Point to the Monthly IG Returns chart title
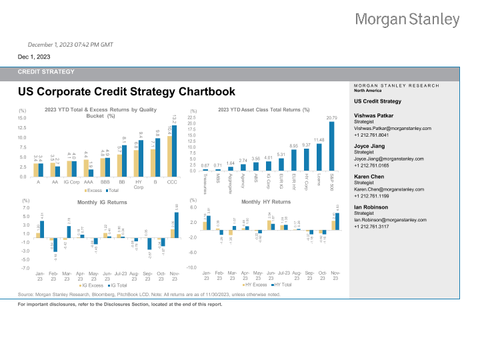pyautogui.click(x=102, y=202)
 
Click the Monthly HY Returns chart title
pyautogui.click(x=266, y=202)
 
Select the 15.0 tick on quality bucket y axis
pyautogui.click(x=21, y=118)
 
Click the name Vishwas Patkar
pyautogui.click(x=373, y=115)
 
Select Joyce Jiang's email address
pyautogui.click(x=389, y=159)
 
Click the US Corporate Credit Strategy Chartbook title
pyautogui.click(x=127, y=92)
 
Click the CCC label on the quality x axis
pyautogui.click(x=171, y=182)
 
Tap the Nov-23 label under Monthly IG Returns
pyautogui.click(x=175, y=276)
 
